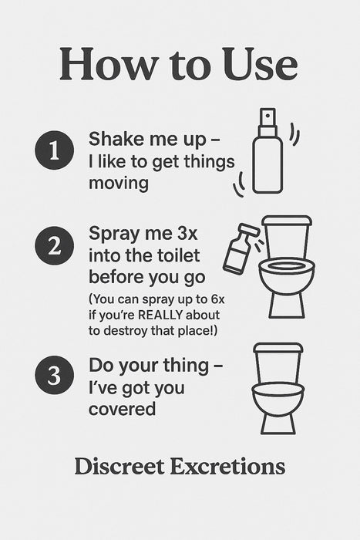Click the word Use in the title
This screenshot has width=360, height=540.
click(x=261, y=64)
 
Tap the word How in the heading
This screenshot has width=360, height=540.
click(x=109, y=64)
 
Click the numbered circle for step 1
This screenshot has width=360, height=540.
click(x=55, y=150)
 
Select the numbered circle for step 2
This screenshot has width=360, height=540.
click(x=55, y=245)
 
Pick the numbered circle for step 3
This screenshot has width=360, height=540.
click(x=55, y=375)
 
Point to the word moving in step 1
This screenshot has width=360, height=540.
click(x=119, y=184)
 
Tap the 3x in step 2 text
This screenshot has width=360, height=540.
click(x=187, y=234)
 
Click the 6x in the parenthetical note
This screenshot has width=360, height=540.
click(x=217, y=299)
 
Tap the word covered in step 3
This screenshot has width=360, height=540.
click(x=122, y=409)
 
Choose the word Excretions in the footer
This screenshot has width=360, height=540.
click(x=228, y=467)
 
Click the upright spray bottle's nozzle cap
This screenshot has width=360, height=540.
click(x=267, y=117)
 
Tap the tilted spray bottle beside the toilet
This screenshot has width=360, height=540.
click(x=241, y=248)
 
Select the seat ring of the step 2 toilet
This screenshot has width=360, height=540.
click(x=287, y=267)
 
